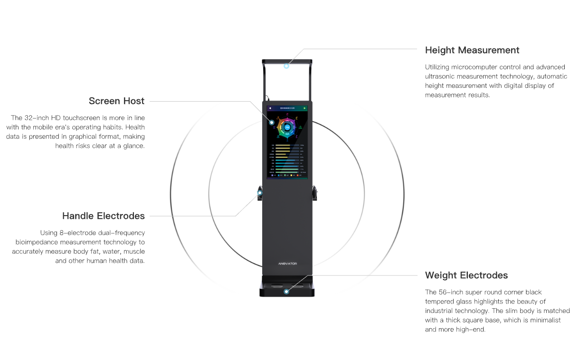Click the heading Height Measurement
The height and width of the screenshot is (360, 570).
point(472,50)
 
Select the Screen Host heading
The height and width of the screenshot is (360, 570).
point(116,101)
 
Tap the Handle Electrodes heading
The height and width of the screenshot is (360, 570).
point(103,216)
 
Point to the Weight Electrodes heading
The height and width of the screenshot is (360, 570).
point(466,275)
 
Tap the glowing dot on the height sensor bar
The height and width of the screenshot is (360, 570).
point(286,66)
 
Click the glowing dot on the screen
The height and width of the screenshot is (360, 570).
point(272,122)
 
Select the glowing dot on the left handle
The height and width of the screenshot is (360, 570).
point(260,193)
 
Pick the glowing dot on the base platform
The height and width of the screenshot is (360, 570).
point(286,291)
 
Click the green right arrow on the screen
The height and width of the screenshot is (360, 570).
point(304,108)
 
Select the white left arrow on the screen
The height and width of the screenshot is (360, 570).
point(270,108)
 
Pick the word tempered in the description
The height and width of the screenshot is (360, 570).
point(440,302)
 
